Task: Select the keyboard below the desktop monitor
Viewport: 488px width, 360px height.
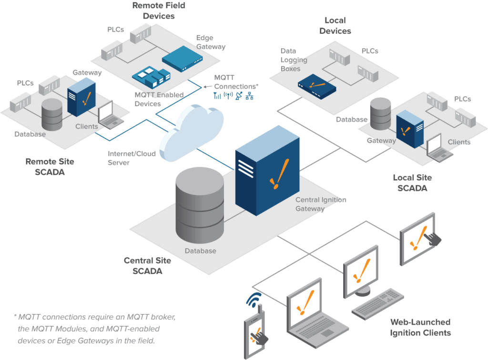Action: [378, 303]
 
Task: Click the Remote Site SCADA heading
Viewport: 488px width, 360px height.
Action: [50, 167]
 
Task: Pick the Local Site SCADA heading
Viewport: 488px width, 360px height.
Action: [412, 182]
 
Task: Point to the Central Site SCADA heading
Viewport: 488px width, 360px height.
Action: [147, 266]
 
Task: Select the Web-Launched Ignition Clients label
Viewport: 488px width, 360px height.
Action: [420, 327]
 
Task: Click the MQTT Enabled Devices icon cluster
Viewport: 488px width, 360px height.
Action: [151, 77]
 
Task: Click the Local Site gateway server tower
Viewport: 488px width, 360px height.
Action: [409, 129]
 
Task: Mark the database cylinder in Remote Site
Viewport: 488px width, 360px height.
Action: [52, 115]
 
